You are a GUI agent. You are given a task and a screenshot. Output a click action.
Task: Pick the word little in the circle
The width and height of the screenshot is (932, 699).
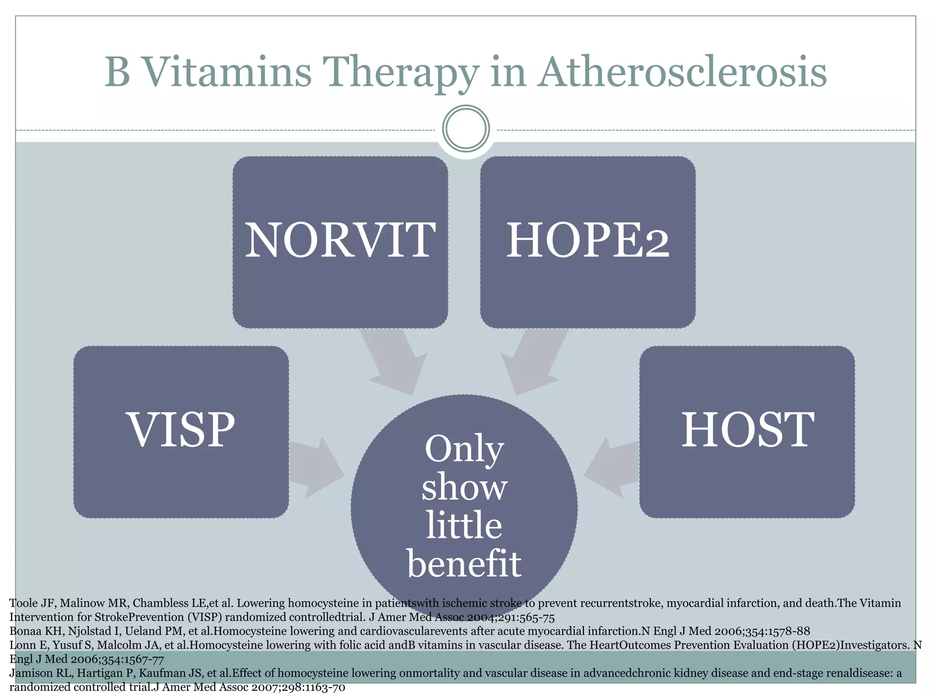[464, 525]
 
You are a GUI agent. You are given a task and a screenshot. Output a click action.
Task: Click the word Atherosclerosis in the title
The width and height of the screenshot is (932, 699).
[682, 73]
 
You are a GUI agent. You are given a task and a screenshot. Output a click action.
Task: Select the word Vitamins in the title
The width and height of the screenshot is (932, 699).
[227, 73]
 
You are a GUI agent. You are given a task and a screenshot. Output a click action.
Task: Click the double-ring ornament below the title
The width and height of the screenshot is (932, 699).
[466, 129]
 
